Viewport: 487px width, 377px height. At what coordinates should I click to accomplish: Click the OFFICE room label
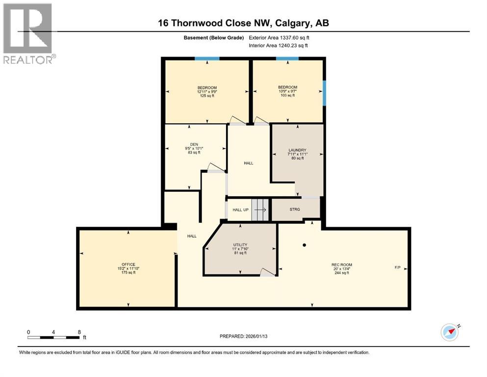pos(128,265)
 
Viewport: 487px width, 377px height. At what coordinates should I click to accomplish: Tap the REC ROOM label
pos(341,265)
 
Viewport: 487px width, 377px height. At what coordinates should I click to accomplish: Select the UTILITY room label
pos(240,244)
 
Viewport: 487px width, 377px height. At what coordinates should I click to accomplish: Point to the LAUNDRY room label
pos(297,150)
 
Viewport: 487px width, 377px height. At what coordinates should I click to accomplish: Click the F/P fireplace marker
pos(397,268)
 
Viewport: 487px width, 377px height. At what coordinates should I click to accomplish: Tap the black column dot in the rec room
pos(305,245)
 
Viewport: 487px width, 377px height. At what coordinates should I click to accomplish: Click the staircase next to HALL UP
pos(260,210)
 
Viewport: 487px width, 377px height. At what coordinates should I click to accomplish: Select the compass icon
pos(450,332)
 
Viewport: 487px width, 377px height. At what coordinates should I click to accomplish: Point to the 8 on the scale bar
pos(79,332)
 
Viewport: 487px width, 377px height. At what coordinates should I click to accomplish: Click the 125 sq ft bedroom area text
pos(206,96)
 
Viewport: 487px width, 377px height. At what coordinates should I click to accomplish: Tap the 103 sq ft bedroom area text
pos(287,96)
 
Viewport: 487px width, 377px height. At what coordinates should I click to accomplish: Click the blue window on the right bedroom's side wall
pos(324,93)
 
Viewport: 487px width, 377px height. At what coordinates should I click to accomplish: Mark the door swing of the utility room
pos(267,271)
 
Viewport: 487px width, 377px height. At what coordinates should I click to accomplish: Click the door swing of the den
pos(214,167)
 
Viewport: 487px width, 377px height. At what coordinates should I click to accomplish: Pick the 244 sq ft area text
pos(341,273)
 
